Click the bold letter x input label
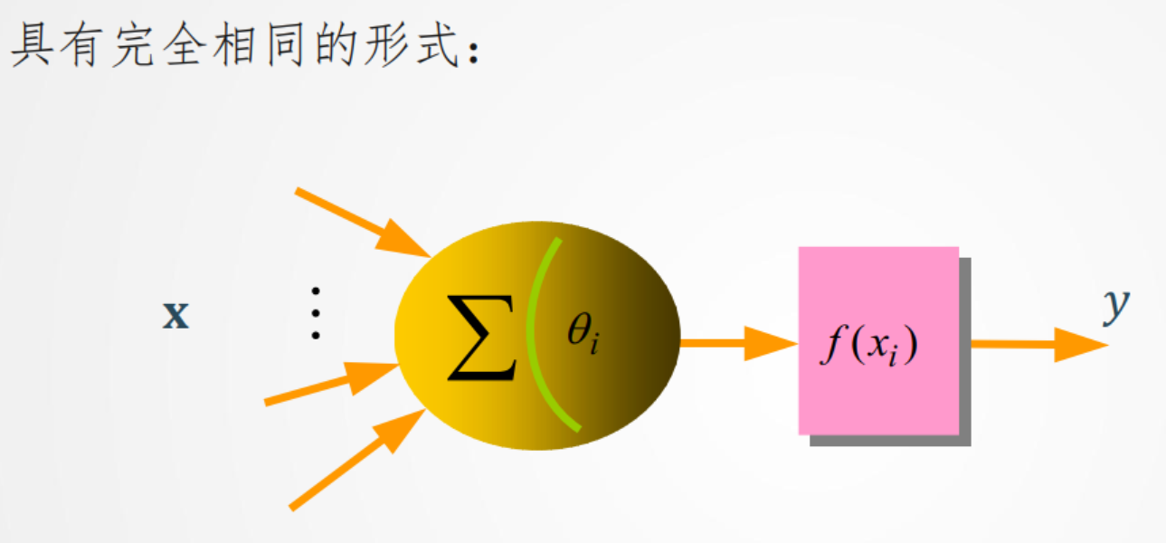(x=175, y=316)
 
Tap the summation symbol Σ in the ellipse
(x=481, y=338)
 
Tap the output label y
(x=1116, y=306)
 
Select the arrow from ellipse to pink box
(x=737, y=344)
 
